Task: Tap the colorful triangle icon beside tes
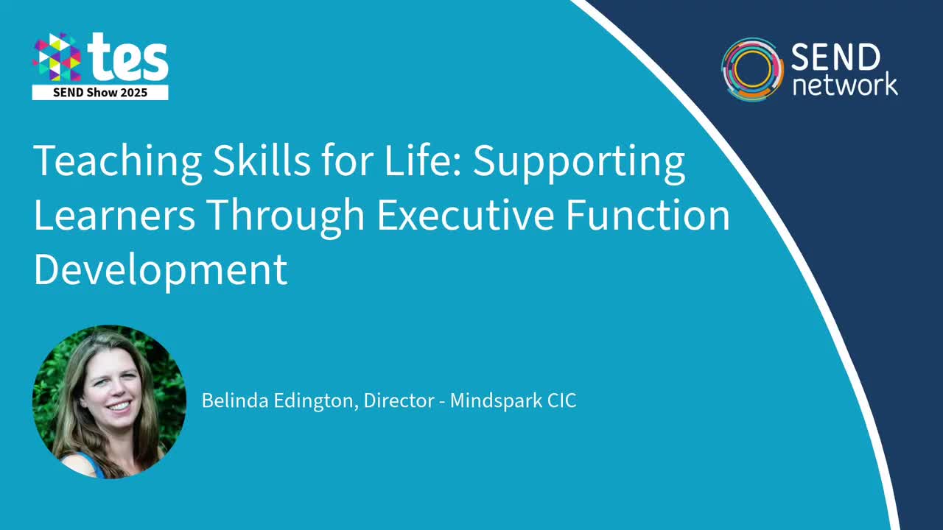(x=57, y=57)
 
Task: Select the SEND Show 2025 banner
(x=100, y=93)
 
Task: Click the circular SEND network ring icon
(x=751, y=69)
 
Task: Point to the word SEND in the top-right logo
(x=835, y=57)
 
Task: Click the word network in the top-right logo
(x=844, y=84)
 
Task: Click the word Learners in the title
(x=114, y=215)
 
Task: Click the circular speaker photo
(x=109, y=402)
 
